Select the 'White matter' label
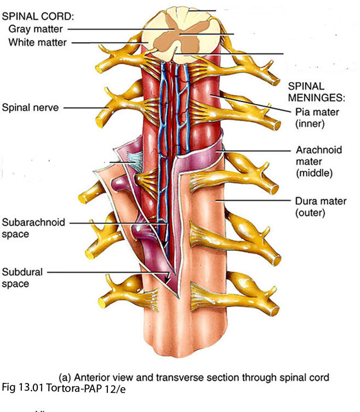(37, 42)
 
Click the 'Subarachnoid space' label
(33, 228)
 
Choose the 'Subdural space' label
(22, 277)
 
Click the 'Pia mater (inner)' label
(317, 117)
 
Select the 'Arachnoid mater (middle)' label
(316, 161)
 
